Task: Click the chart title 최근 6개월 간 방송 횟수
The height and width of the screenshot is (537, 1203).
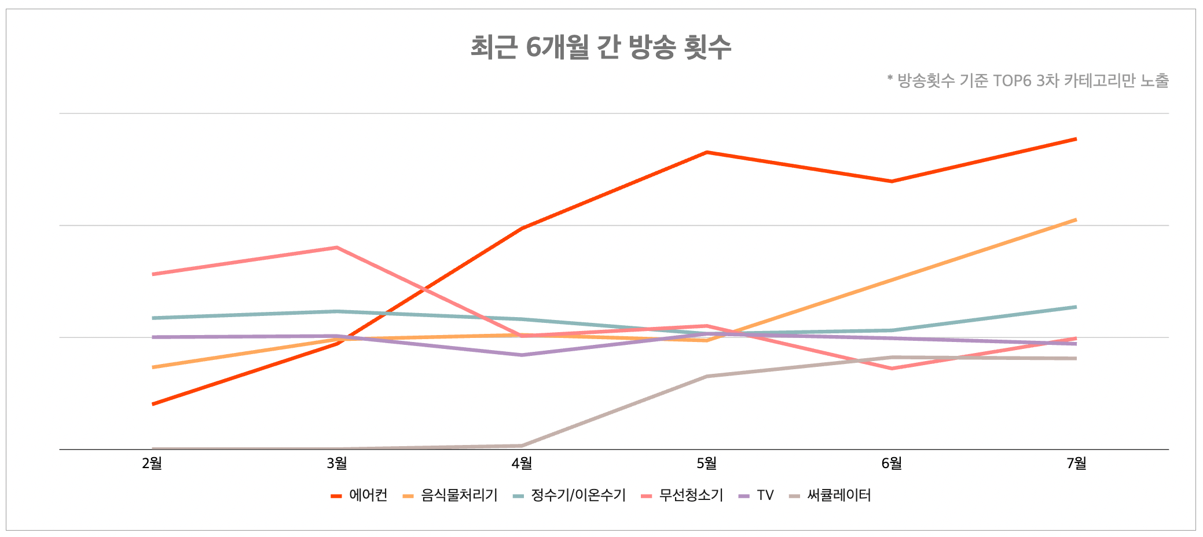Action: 600,47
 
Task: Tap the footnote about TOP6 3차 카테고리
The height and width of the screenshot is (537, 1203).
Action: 1027,80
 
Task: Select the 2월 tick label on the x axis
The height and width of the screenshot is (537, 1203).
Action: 152,464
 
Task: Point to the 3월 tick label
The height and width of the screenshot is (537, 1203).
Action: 337,464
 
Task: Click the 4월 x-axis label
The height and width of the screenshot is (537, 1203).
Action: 522,464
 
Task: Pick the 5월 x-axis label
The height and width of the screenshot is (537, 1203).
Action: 707,464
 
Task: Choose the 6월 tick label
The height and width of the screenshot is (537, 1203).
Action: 892,464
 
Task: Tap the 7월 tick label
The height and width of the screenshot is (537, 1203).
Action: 1076,464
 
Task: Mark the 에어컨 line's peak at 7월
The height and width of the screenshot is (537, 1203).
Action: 1076,139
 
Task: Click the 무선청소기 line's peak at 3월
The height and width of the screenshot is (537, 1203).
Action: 337,248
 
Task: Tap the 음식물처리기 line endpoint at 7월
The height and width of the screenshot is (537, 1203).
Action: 1076,220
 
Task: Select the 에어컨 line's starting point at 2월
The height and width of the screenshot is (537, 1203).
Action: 152,404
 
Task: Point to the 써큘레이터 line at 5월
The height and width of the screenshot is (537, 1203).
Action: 707,376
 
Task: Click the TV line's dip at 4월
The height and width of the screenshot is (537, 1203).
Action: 522,355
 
